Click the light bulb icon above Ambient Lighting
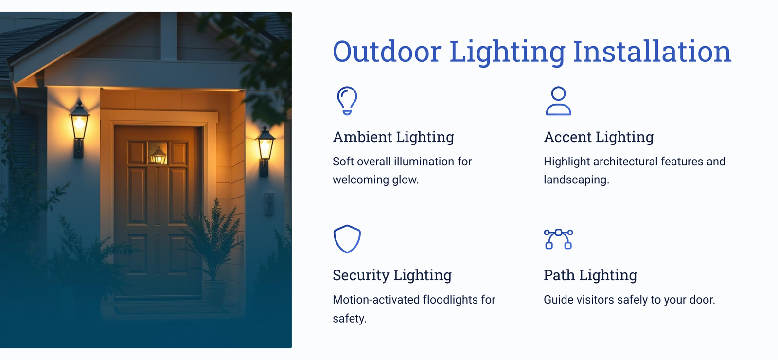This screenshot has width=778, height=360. [x=347, y=101]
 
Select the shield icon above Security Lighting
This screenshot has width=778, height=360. [x=347, y=239]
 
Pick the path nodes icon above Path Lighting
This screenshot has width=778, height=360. [x=559, y=239]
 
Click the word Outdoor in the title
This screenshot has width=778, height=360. [x=387, y=52]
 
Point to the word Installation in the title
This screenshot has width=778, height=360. [x=652, y=52]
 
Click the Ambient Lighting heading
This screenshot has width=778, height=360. [x=393, y=137]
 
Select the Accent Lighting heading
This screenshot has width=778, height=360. [x=599, y=137]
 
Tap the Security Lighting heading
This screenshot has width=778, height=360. [x=392, y=275]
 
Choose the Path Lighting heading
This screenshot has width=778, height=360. [x=590, y=275]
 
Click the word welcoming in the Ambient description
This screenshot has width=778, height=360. [x=360, y=180]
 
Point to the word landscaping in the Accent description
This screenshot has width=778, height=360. [x=576, y=180]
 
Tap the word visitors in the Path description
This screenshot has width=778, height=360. [x=595, y=300]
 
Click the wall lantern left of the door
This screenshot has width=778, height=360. [x=79, y=128]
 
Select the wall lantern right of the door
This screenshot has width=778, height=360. [x=265, y=150]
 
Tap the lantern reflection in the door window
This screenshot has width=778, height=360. [x=159, y=155]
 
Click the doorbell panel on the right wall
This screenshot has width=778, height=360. [x=269, y=204]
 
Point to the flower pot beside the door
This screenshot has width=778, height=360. [x=214, y=290]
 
